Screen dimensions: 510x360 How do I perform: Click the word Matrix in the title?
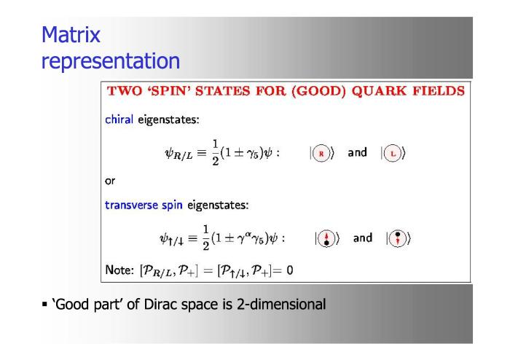click(x=71, y=34)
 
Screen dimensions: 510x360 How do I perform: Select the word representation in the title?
click(x=111, y=61)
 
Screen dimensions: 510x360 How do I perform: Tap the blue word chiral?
click(x=119, y=120)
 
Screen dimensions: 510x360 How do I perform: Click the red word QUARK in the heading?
click(x=379, y=91)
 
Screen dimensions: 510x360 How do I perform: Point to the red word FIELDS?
click(x=439, y=91)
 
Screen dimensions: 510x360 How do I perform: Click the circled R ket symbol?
click(x=322, y=153)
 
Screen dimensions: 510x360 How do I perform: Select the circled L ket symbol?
click(x=393, y=153)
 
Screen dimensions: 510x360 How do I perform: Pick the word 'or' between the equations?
click(x=110, y=181)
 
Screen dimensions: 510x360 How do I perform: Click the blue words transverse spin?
click(x=144, y=206)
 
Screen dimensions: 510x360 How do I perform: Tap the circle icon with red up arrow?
click(x=327, y=238)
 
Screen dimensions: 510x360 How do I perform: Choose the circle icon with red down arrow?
click(x=398, y=238)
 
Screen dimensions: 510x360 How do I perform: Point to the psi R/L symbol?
click(x=178, y=154)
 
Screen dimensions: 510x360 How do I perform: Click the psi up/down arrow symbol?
click(x=171, y=239)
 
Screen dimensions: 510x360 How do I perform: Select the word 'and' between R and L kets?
click(x=358, y=152)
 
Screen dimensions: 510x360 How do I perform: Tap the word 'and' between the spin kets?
click(x=363, y=238)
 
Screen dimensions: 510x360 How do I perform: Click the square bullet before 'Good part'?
click(x=44, y=305)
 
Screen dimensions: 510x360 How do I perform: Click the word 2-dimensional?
click(x=281, y=305)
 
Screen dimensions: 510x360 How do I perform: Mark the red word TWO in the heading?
click(x=125, y=91)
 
